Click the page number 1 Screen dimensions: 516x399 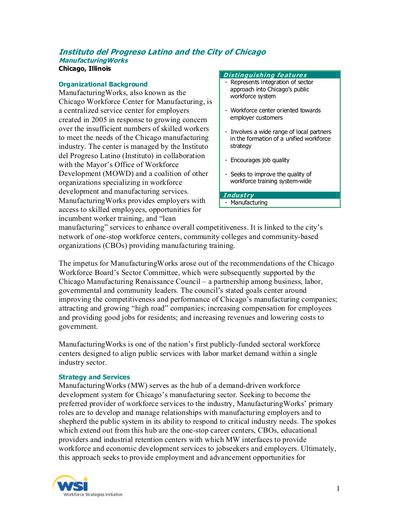tap(338, 489)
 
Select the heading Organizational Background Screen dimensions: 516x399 tap(103, 84)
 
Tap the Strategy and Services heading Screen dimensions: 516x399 tap(94, 377)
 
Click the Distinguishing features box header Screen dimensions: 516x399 tap(265, 75)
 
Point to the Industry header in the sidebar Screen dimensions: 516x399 tap(239, 195)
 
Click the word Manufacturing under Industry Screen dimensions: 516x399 tap(249, 203)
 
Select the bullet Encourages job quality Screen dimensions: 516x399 tap(260, 160)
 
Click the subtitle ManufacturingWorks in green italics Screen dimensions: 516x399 tap(93, 60)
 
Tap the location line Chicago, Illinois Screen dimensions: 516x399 tap(85, 68)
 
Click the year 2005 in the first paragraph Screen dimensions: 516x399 tap(99, 120)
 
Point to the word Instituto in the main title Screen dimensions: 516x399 tap(77, 52)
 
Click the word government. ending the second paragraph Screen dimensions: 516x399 tap(78, 326)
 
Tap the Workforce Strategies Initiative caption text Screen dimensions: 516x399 tap(93, 495)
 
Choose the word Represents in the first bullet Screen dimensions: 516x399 tap(244, 82)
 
